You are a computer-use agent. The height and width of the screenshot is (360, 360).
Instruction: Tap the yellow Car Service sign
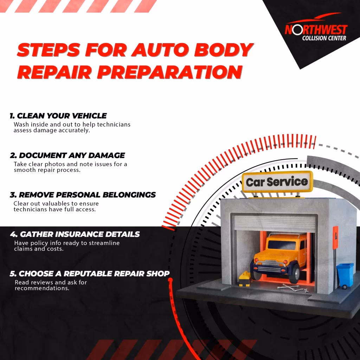pyautogui.click(x=277, y=182)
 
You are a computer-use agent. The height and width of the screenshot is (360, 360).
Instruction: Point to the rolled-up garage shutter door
pyautogui.click(x=275, y=223)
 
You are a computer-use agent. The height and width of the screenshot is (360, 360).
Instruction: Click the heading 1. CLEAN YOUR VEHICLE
pyautogui.click(x=58, y=116)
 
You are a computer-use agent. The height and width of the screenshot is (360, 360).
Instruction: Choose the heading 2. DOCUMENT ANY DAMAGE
pyautogui.click(x=67, y=155)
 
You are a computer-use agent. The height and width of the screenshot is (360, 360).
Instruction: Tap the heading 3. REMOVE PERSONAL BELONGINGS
pyautogui.click(x=83, y=195)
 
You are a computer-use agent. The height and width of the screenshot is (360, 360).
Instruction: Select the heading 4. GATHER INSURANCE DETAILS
pyautogui.click(x=75, y=234)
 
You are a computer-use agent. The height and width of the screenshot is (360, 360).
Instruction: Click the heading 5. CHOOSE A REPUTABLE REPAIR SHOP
pyautogui.click(x=90, y=274)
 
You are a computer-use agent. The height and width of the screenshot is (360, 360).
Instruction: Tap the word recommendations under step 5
pyautogui.click(x=42, y=288)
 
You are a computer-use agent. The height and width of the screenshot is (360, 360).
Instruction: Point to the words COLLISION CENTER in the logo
pyautogui.click(x=324, y=38)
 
